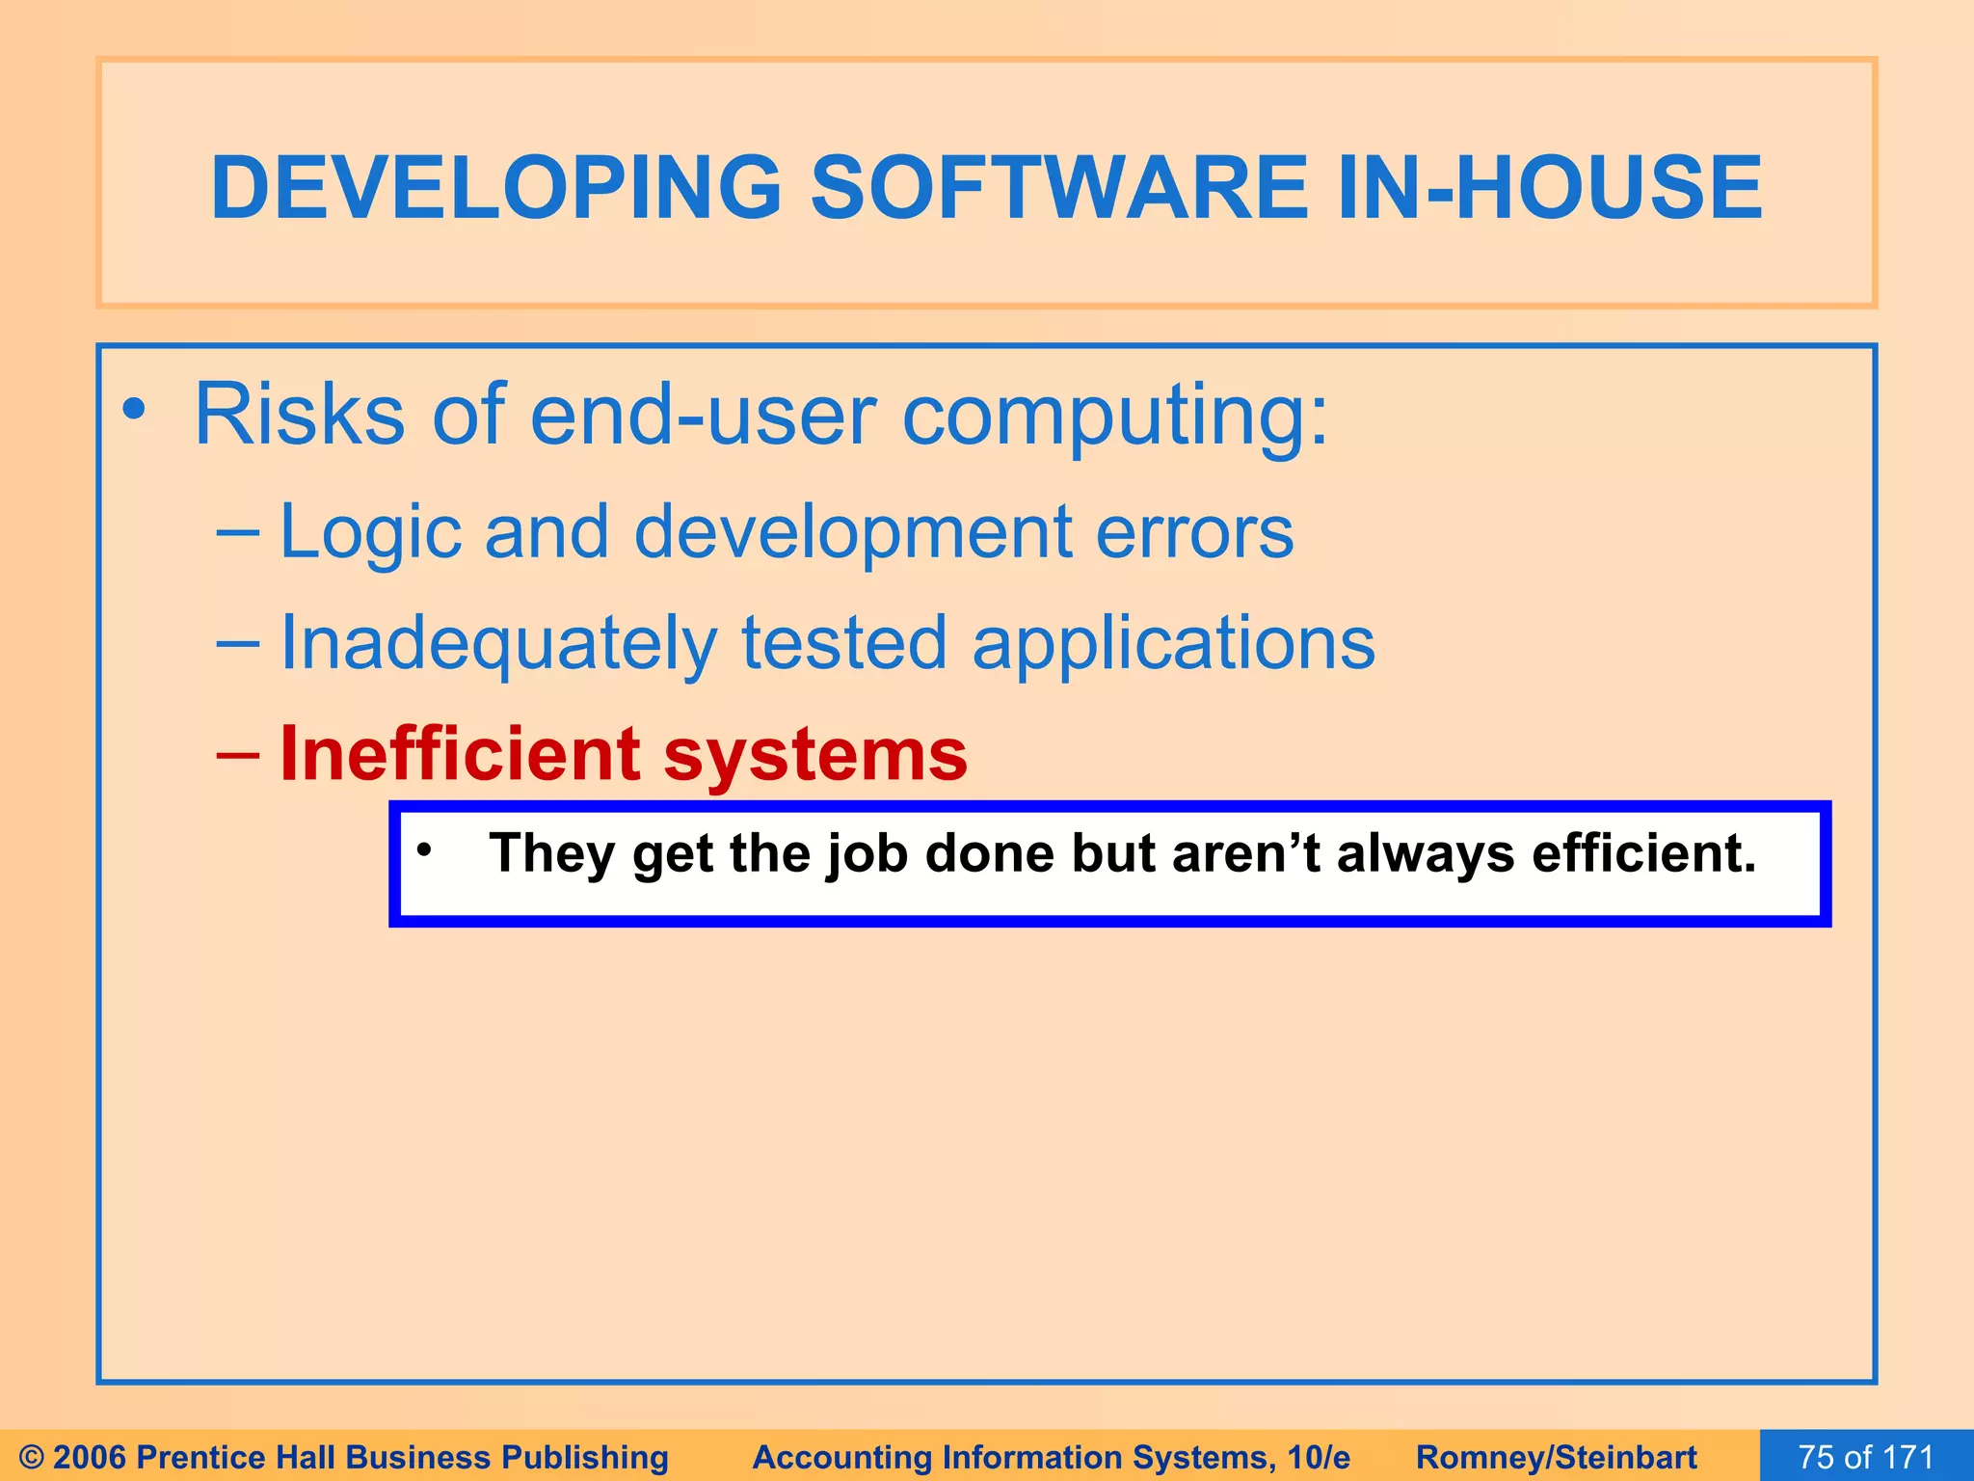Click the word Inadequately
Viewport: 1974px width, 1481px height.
coord(497,645)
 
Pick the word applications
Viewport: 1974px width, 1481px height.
coord(1173,645)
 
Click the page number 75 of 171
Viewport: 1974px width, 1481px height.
coord(1866,1457)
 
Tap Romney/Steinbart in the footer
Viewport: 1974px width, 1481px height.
coord(1556,1457)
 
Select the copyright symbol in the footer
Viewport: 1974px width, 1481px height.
coord(31,1457)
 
